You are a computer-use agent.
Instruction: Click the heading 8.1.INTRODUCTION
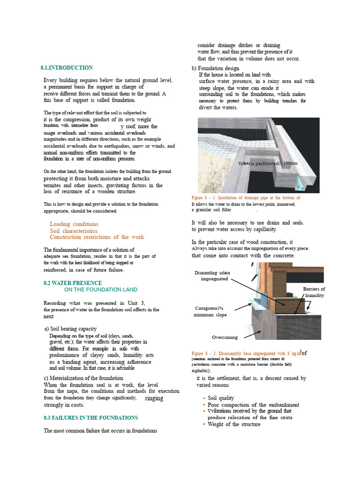click(67, 68)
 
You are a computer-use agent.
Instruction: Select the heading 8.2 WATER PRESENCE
click(71, 283)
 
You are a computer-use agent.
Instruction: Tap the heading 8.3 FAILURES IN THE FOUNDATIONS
click(90, 418)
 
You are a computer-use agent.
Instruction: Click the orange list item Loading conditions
click(74, 224)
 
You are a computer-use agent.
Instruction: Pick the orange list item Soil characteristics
click(74, 231)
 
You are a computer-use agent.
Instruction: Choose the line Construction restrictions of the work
click(97, 237)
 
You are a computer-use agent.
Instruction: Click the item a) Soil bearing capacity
click(70, 329)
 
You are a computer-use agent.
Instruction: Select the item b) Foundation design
click(215, 68)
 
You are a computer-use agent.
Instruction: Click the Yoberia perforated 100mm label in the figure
click(267, 163)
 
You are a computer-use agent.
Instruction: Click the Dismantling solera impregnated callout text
click(212, 276)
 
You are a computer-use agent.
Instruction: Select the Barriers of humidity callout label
click(314, 292)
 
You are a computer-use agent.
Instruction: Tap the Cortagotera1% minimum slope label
click(210, 311)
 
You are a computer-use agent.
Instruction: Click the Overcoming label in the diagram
click(225, 337)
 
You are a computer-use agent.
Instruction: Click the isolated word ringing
click(155, 398)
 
